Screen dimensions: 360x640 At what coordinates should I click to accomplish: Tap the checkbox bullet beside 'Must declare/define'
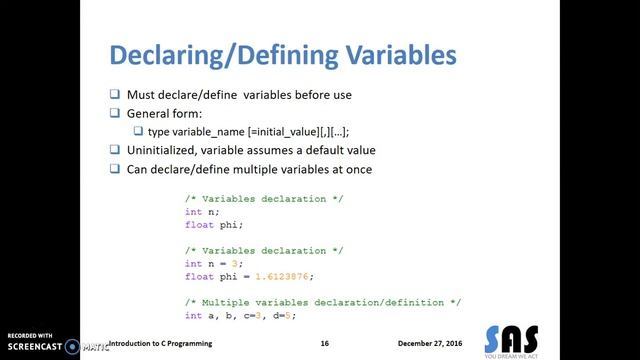click(x=115, y=95)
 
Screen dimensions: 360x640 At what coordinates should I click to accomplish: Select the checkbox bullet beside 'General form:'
click(x=115, y=114)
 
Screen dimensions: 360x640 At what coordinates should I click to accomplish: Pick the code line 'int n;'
click(x=201, y=212)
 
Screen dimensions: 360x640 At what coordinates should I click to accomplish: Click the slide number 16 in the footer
click(x=325, y=342)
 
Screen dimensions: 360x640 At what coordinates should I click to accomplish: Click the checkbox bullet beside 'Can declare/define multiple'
click(x=115, y=169)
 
